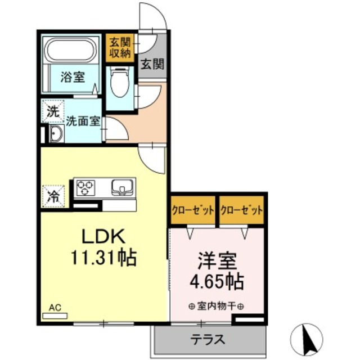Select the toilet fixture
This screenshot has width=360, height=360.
pyautogui.click(x=119, y=82)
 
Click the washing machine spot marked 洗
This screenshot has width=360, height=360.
pyautogui.click(x=52, y=111)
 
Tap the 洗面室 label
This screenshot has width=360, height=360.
pyautogui.click(x=83, y=120)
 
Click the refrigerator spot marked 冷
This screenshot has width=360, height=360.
pyautogui.click(x=53, y=197)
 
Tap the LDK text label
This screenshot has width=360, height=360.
pyautogui.click(x=102, y=236)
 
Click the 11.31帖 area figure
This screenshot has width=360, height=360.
pyautogui.click(x=103, y=258)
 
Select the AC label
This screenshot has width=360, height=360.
pyautogui.click(x=55, y=308)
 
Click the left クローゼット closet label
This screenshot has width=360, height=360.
pyautogui.click(x=193, y=210)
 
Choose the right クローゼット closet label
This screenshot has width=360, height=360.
pyautogui.click(x=242, y=210)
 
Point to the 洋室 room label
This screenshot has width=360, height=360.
pyautogui.click(x=217, y=261)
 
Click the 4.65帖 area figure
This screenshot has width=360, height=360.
pyautogui.click(x=217, y=281)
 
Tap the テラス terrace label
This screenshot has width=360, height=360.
pyautogui.click(x=208, y=340)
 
